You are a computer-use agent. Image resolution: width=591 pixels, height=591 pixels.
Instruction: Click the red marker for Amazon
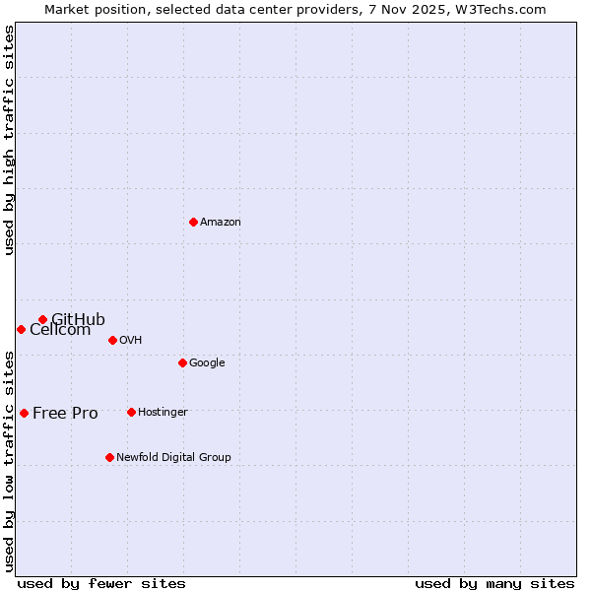193,222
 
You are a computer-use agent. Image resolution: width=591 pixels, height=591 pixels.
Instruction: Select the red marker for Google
182,362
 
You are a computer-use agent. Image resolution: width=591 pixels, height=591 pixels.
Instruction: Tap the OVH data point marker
112,340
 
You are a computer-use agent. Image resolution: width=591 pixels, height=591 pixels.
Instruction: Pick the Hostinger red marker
131,412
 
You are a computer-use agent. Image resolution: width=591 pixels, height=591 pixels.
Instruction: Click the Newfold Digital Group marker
109,457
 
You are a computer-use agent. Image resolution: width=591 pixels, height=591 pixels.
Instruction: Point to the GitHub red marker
42,319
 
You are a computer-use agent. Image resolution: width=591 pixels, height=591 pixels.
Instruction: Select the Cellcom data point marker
21,329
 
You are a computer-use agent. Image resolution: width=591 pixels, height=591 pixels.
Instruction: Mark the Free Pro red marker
24,413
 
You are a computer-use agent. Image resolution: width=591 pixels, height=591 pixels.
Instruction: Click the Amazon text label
221,223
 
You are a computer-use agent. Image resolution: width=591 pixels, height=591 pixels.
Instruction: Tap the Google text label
207,363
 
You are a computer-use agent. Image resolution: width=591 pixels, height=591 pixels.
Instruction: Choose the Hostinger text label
163,413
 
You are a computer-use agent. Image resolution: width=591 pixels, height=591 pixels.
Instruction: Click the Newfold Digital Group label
173,458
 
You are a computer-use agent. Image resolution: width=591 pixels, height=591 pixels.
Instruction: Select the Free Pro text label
65,414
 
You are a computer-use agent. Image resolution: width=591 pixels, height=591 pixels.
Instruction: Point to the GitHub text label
78,319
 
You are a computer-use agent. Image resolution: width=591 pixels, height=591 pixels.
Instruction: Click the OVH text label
131,341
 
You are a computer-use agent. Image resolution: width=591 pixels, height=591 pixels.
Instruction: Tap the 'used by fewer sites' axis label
101,584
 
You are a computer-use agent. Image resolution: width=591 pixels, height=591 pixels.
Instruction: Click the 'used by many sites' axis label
494,584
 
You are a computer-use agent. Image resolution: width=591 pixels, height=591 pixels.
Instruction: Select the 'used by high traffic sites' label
9,140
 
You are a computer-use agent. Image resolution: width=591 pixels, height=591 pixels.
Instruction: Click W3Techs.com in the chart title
511,9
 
